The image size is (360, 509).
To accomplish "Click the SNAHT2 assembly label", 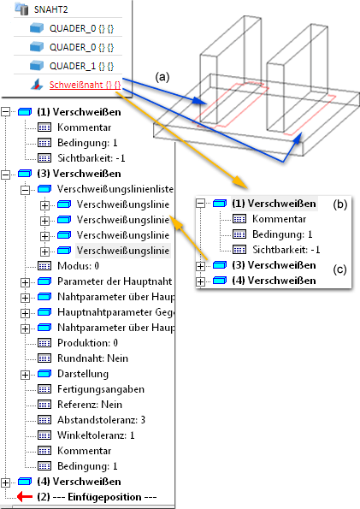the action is pos(51,9).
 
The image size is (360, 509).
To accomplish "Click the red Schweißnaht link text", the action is pos(85,85).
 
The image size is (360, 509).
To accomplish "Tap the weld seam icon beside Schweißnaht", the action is pos(37,85).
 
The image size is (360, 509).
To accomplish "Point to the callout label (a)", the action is pos(162,77).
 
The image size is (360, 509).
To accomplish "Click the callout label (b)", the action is pos(339,204).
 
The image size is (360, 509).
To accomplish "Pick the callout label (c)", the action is pos(339,269).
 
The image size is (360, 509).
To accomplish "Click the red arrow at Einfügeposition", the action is pos(25,497).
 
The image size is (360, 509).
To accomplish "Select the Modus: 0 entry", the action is pos(78,266).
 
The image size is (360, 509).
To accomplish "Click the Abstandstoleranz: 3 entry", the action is pos(101,420).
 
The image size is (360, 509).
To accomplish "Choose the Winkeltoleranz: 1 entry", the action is pos(96,435).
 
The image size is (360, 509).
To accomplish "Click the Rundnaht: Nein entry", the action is pos(93,358).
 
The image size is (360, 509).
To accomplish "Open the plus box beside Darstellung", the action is pos(25,375).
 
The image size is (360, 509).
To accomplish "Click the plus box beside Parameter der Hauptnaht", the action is pos(25,282).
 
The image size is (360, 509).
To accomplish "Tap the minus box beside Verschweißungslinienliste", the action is pos(25,190).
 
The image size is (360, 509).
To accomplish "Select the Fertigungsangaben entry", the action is pos(101,389).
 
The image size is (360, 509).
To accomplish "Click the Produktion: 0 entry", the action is pos(87,343).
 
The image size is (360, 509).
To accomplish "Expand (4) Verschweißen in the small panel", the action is pos(201,281).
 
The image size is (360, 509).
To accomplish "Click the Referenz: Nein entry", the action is pos(90,405).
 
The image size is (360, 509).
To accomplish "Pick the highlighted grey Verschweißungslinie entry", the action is pos(123,251).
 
